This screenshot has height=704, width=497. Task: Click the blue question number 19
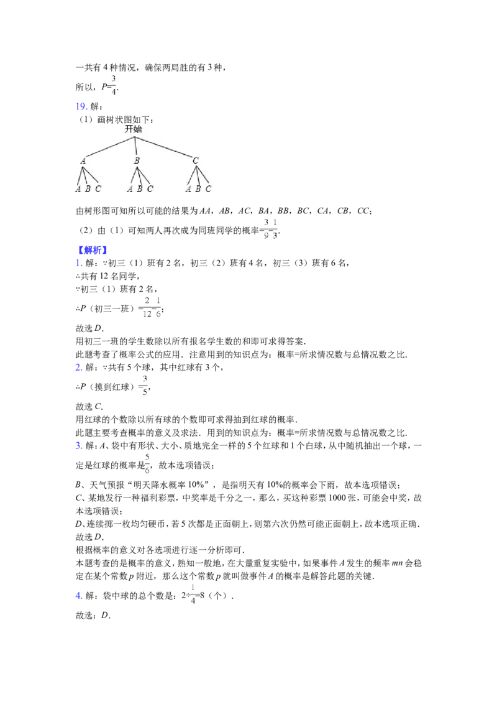click(81, 106)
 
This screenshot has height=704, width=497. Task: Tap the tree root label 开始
click(134, 129)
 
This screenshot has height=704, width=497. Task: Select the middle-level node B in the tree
click(137, 160)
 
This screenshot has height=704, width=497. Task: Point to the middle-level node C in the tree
click(196, 160)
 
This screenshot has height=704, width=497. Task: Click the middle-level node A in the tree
click(83, 160)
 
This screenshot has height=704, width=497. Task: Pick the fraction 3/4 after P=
click(114, 85)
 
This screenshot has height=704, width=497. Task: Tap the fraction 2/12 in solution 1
click(147, 308)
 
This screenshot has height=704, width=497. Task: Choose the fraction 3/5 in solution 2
click(145, 386)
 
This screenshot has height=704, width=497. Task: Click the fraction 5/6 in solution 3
click(147, 464)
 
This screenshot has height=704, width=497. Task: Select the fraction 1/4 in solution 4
click(193, 595)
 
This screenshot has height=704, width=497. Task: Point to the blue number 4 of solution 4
click(78, 596)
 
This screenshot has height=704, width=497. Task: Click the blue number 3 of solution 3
click(78, 445)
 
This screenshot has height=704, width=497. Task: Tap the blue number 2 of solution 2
click(78, 368)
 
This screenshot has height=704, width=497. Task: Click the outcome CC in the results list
click(363, 211)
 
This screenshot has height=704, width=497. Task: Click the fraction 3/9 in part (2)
click(266, 229)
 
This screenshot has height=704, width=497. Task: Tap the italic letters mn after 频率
click(397, 563)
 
